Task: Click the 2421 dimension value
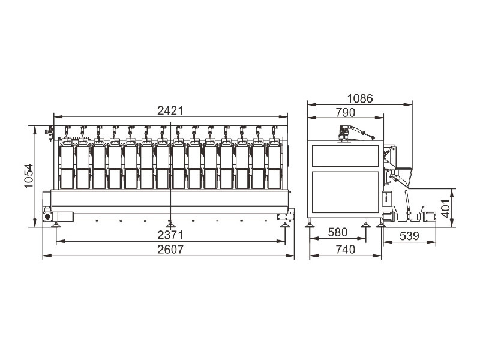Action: click(x=170, y=110)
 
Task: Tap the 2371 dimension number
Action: click(x=170, y=235)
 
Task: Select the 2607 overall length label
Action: click(x=170, y=250)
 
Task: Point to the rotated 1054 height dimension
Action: click(x=28, y=176)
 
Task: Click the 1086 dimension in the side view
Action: click(x=360, y=98)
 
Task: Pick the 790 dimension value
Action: click(x=346, y=113)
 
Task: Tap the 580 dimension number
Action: click(x=337, y=232)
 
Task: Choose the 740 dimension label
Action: click(x=346, y=250)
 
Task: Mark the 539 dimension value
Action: click(x=409, y=236)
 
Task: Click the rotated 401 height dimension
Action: click(x=445, y=208)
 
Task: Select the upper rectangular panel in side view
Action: click(x=346, y=156)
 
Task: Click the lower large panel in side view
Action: click(x=346, y=192)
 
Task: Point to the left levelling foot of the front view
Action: click(x=56, y=226)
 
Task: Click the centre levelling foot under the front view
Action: click(x=170, y=226)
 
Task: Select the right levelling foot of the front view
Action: click(x=285, y=226)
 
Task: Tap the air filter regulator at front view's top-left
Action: click(x=50, y=133)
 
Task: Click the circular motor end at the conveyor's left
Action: click(x=47, y=217)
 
